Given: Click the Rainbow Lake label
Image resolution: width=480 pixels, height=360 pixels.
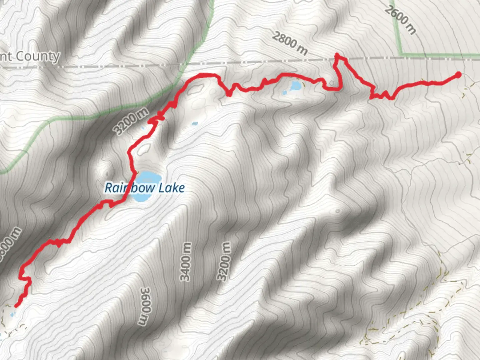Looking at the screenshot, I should tap(145, 188).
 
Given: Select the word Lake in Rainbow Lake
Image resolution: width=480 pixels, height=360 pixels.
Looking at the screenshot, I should tap(171, 188).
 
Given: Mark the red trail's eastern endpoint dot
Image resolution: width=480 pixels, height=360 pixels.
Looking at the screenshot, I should tap(458, 75).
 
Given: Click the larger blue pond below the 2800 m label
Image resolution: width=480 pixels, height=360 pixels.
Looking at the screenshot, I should tap(295, 86).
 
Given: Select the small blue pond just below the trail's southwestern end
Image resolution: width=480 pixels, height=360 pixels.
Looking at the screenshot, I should tap(12, 314).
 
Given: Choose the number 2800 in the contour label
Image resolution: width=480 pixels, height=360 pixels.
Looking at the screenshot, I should tap(284, 40).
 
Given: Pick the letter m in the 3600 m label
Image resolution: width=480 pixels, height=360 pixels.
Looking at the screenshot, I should tap(143, 320).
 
